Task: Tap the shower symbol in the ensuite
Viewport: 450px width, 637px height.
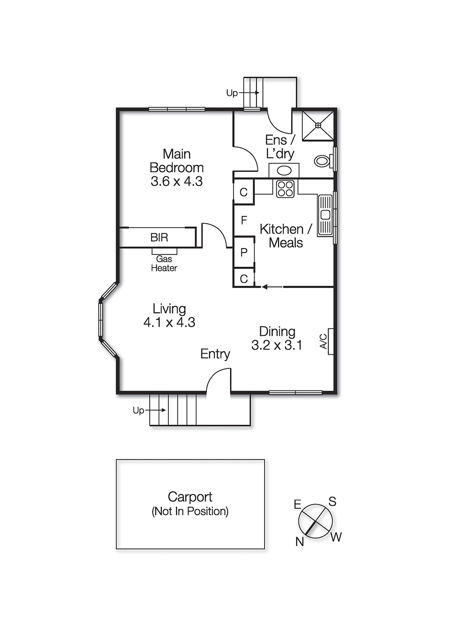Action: [x=318, y=125]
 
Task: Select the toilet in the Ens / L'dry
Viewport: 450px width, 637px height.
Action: [x=323, y=161]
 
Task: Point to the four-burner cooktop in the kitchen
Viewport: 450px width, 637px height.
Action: [x=285, y=189]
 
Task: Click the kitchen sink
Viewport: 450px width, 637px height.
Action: [x=325, y=215]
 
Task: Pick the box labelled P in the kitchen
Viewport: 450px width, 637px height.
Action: [x=244, y=252]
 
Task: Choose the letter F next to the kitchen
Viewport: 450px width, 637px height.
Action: [x=244, y=220]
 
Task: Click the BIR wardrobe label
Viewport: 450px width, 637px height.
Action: [x=159, y=238]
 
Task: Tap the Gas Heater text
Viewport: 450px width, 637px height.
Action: [x=164, y=264]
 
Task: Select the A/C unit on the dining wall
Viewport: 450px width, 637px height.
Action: [x=330, y=341]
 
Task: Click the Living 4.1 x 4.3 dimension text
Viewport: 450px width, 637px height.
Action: [x=169, y=322]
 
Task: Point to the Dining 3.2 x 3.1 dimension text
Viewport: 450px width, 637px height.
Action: [x=277, y=345]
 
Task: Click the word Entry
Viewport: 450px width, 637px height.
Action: [x=215, y=354]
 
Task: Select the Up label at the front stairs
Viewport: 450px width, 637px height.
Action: [x=138, y=410]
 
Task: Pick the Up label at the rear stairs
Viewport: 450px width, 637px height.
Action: [x=232, y=93]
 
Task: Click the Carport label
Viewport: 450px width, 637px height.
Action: [x=190, y=497]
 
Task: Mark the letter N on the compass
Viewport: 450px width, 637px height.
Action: [x=300, y=541]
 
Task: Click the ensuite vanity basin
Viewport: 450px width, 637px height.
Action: [x=284, y=171]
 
